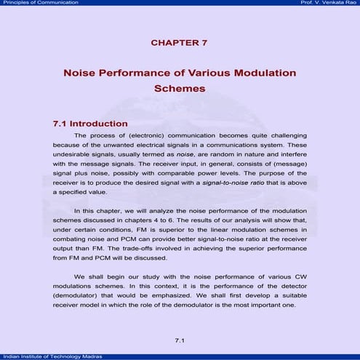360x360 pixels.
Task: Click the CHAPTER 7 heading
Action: point(180,43)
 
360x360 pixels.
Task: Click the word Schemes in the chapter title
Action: point(180,89)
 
